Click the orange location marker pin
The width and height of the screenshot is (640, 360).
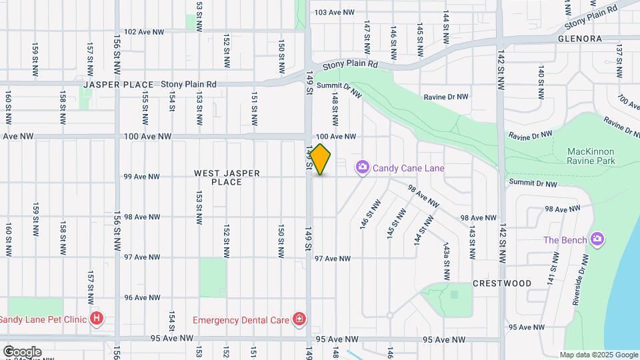pos(321,159)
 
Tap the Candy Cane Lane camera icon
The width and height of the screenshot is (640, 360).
pos(363,167)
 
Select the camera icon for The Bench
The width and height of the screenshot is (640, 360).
pos(597,239)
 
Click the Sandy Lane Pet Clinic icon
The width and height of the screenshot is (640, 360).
pos(97,319)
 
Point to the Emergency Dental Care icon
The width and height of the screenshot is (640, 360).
pos(300,319)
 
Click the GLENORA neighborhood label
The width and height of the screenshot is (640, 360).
pos(579,39)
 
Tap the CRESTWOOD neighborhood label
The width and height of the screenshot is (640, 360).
pos(502,283)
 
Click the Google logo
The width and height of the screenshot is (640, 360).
pos(22,351)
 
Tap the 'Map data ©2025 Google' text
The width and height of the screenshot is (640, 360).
pos(598,355)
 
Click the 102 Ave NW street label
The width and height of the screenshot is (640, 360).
pos(144,31)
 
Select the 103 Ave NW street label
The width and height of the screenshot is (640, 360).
pos(333,12)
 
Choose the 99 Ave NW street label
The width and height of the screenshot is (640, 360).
pos(142,177)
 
